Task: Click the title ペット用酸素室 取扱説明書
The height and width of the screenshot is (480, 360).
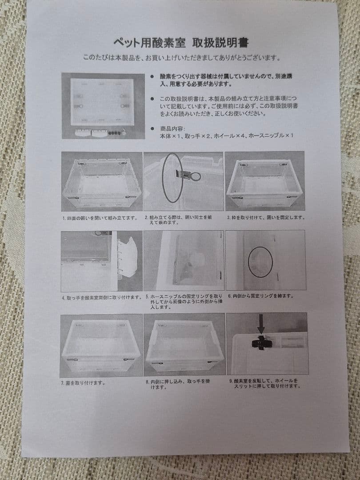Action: click(x=180, y=43)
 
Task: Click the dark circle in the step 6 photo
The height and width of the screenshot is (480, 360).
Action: click(x=260, y=263)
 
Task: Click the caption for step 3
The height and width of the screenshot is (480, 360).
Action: click(x=266, y=218)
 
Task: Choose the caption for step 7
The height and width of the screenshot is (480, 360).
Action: click(x=84, y=383)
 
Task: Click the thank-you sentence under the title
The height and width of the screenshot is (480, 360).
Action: click(x=181, y=57)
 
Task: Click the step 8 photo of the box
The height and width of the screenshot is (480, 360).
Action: click(x=184, y=345)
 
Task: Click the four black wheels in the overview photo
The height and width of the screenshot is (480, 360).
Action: click(x=115, y=132)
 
